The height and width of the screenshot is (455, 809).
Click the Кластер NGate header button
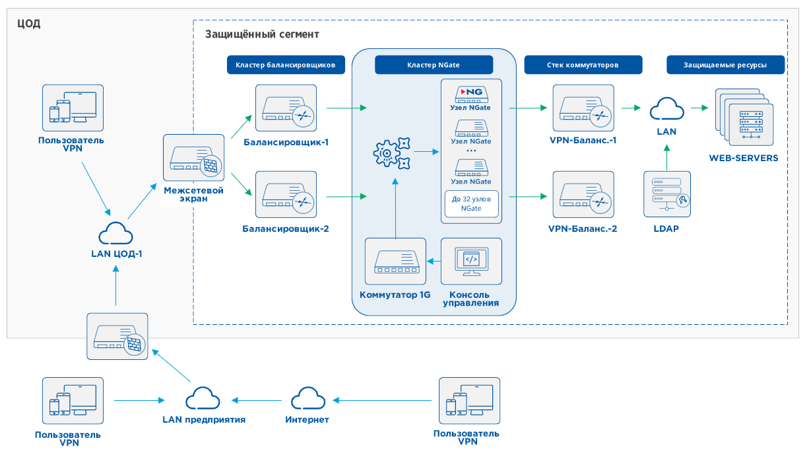(434, 65)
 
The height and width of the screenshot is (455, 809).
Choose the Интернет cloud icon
(307, 399)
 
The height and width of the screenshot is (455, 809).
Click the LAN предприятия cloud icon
(203, 399)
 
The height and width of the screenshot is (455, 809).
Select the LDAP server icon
(667, 193)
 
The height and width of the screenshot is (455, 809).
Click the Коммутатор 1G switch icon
(395, 262)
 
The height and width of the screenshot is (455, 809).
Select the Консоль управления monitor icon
(471, 262)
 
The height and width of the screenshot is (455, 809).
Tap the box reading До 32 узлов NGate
(471, 203)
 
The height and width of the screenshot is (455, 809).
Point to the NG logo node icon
(471, 92)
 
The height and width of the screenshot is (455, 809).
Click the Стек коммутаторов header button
(583, 65)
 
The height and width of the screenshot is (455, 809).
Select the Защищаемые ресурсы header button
(725, 65)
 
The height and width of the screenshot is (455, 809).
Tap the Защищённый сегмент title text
(262, 34)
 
